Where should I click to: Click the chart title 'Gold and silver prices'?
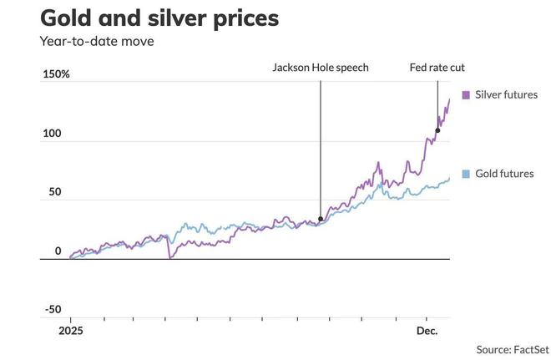(159, 18)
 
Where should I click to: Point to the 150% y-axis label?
(57, 74)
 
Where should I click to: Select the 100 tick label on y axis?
(52, 134)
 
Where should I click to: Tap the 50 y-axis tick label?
(54, 192)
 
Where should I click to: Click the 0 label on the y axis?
(58, 251)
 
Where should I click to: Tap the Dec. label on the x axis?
(427, 332)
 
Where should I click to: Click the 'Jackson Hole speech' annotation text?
(320, 68)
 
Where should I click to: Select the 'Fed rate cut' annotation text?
(437, 68)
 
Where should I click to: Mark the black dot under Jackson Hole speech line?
(321, 220)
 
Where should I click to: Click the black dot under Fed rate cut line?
(437, 130)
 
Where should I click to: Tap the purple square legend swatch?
(465, 95)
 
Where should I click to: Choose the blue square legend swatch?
(465, 174)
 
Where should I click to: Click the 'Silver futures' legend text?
(506, 95)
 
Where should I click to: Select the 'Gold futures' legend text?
(504, 174)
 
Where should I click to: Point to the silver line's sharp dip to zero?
(169, 257)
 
